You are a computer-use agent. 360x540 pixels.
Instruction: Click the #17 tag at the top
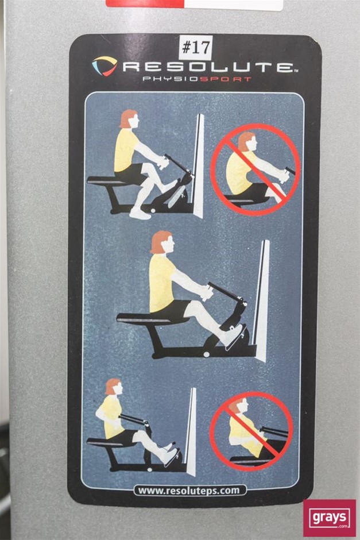click(x=195, y=48)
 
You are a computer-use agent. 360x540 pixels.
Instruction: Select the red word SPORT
click(x=226, y=79)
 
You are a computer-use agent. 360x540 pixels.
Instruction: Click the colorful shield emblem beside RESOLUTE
click(x=104, y=66)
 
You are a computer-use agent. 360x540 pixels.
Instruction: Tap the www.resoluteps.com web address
click(x=188, y=491)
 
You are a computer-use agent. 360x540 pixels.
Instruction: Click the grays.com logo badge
click(x=330, y=518)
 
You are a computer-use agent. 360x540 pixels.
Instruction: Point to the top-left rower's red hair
click(x=127, y=118)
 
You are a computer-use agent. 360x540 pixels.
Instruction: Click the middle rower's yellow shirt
click(x=161, y=283)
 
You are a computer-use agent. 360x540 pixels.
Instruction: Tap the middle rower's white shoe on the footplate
click(x=234, y=335)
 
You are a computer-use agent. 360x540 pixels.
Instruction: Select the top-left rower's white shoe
click(x=140, y=214)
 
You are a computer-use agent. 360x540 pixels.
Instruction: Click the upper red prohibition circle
click(x=255, y=169)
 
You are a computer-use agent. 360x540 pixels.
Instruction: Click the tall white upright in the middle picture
click(x=262, y=300)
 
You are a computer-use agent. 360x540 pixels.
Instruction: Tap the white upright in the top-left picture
click(x=198, y=165)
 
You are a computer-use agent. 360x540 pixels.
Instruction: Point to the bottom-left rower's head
click(x=114, y=387)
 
